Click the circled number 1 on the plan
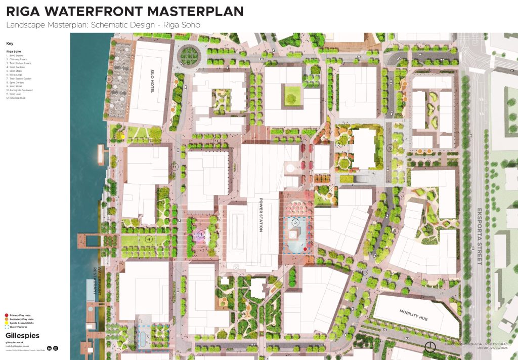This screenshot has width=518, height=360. coord(201,234)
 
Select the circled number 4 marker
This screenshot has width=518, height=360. coord(149,239)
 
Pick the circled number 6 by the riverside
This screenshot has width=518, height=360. coord(108,79)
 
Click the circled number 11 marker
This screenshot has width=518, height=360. coord(175,167)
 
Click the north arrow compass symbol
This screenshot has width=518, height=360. coord(430,347)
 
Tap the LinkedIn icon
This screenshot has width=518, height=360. coord(49,348)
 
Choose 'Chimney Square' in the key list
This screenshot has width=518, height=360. coord(17,59)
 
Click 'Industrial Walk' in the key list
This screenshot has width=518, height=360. coord(18,98)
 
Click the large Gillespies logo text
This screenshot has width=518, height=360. coord(22,335)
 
